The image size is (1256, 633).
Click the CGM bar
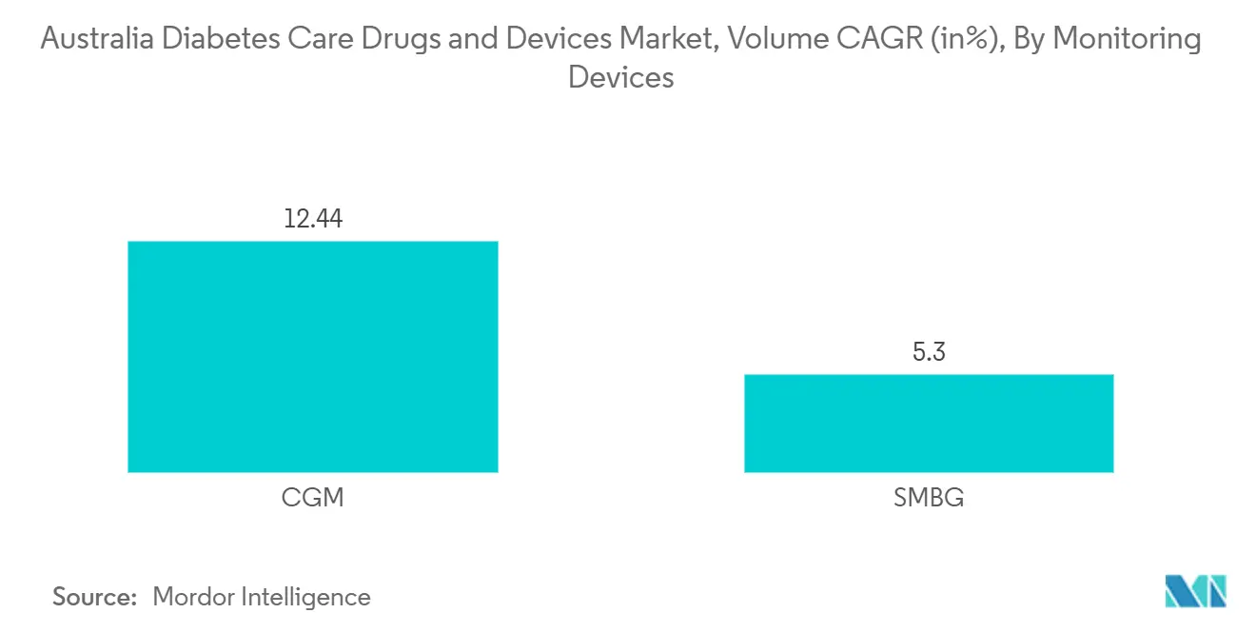point(312,356)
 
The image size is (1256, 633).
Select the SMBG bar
point(928,423)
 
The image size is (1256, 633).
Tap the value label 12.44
point(312,219)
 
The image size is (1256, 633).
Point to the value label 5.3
point(928,352)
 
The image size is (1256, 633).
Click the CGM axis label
point(312,497)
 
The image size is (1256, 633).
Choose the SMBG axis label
point(928,497)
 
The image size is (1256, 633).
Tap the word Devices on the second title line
point(620,77)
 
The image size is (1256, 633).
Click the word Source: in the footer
point(95,597)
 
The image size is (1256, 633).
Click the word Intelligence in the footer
point(307,597)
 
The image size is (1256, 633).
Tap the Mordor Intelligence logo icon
point(1195,591)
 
